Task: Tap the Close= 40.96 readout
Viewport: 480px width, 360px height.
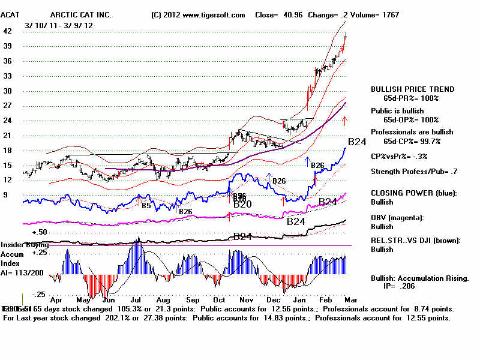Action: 278,14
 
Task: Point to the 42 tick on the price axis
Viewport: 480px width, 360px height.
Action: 8,31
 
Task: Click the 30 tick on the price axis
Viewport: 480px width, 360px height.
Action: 8,91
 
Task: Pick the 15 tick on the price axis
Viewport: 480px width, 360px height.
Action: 8,165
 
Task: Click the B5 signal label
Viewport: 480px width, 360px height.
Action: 146,205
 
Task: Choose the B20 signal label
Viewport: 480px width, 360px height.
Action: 242,205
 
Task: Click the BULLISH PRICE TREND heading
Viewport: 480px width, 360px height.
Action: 413,89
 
